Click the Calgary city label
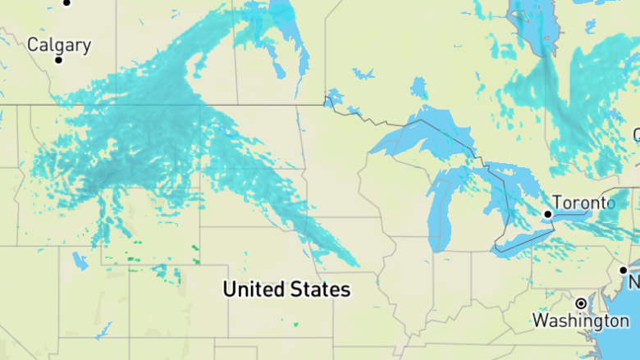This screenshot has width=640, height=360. (x=59, y=44)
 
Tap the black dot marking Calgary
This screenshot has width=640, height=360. (x=58, y=60)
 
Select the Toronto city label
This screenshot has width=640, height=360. (x=583, y=203)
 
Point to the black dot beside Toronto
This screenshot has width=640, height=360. (x=548, y=214)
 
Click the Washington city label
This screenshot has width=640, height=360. (x=580, y=320)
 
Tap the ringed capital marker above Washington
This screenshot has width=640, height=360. (x=581, y=303)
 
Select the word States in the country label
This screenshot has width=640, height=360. (x=320, y=289)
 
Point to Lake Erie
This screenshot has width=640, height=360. (x=525, y=242)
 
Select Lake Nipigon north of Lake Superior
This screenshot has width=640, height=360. (x=419, y=87)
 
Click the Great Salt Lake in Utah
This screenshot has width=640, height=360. (x=80, y=262)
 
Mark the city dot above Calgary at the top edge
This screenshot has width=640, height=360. (x=67, y=2)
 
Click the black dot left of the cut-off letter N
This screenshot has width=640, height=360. (x=624, y=270)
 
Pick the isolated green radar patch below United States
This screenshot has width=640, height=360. (x=295, y=323)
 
